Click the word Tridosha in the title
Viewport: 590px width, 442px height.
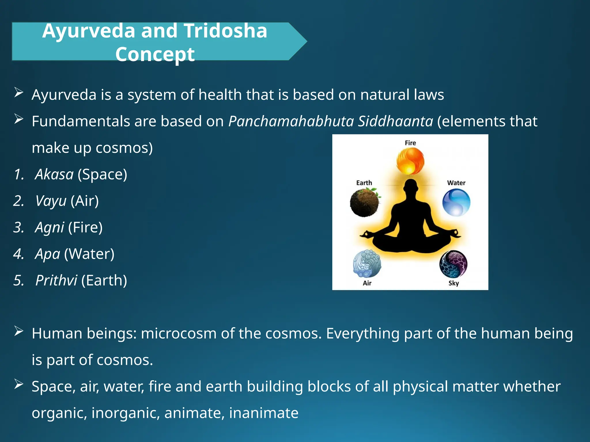point(225,31)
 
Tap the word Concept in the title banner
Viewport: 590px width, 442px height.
point(155,54)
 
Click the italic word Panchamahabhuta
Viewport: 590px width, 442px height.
point(291,121)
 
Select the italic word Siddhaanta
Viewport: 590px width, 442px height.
point(395,121)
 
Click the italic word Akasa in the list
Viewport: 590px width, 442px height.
point(54,174)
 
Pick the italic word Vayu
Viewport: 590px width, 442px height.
point(51,201)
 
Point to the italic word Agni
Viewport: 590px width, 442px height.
point(49,228)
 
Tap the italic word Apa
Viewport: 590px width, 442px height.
point(48,254)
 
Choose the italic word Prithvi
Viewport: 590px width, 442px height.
point(56,281)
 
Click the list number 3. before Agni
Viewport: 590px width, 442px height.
point(19,228)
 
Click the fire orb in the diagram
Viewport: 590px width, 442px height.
point(410,161)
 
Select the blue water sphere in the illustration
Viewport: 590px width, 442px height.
point(456,202)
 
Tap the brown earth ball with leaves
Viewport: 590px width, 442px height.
point(365,203)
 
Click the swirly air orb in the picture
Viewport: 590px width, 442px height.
point(367,264)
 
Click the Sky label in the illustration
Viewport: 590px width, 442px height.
point(453,283)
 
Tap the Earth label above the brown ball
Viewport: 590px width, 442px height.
point(364,183)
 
